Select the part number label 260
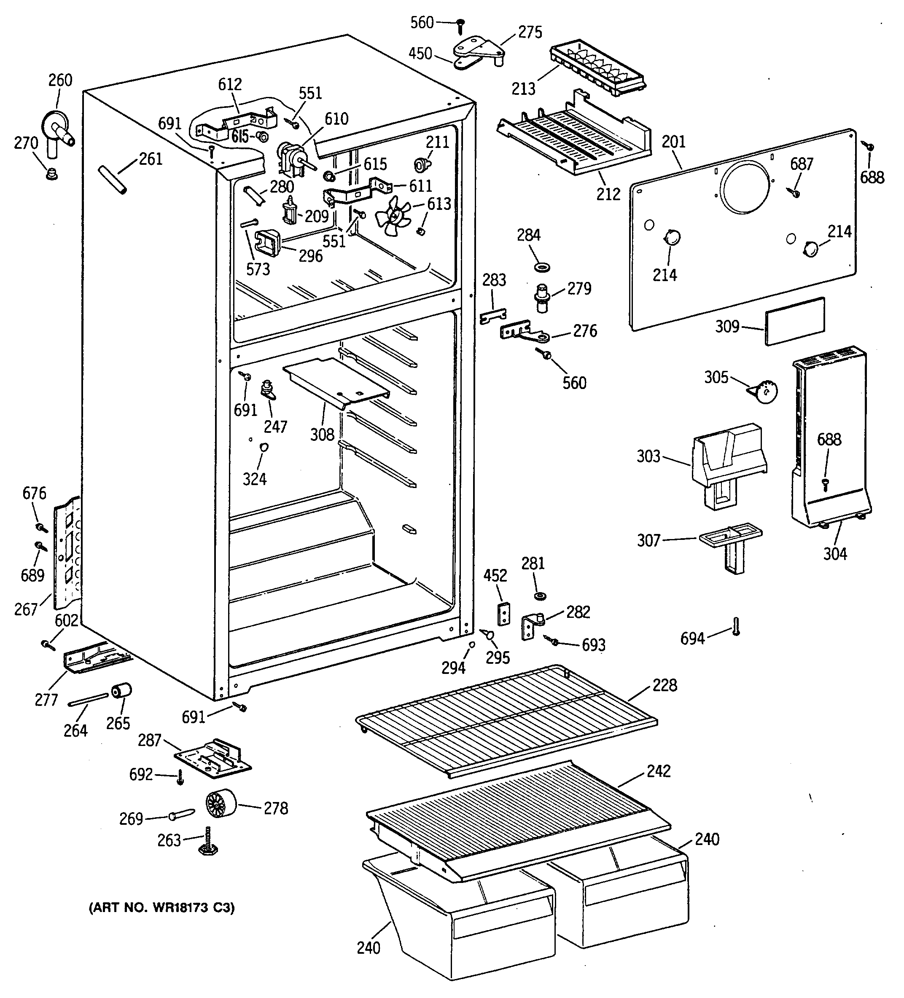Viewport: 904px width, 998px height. [60, 80]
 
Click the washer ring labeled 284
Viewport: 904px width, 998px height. [542, 268]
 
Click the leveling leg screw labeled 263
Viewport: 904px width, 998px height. [207, 841]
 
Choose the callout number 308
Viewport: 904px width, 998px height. [323, 434]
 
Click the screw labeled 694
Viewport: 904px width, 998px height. [736, 626]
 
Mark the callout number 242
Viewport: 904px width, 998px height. [659, 771]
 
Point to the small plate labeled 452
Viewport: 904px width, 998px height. [504, 614]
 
